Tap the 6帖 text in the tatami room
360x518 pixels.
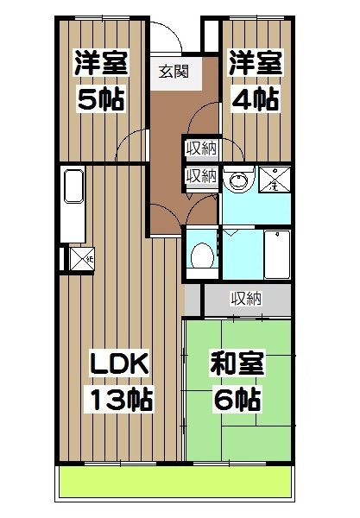coord(237,399)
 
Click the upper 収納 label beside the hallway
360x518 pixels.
coord(201,148)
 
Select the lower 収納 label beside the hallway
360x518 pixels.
coord(201,175)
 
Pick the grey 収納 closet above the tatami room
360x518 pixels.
coord(246,300)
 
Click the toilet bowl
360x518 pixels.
coord(202,255)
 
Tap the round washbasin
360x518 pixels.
coord(236,182)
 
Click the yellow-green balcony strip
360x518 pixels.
coord(173,483)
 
